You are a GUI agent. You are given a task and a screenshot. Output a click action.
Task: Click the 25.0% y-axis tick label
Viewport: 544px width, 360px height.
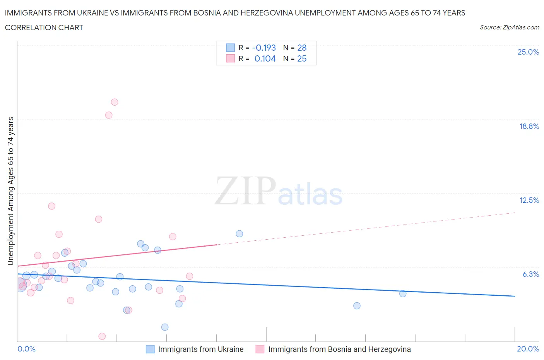tap(528, 52)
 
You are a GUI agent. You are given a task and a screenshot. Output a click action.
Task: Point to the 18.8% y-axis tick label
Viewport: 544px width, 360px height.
tap(529, 126)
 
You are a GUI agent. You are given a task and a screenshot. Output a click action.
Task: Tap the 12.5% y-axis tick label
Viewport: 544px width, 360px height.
tap(529, 200)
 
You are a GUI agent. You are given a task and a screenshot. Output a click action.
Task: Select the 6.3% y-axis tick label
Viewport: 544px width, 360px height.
tap(530, 274)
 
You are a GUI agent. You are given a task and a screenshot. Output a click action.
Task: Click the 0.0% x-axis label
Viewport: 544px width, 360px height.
tap(26, 349)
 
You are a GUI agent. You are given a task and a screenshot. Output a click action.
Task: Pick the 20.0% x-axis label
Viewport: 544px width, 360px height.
tap(528, 349)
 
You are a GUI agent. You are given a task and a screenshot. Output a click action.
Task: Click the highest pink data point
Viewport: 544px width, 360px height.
tap(115, 102)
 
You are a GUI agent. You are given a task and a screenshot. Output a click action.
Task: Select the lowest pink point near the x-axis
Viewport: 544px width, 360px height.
tap(102, 336)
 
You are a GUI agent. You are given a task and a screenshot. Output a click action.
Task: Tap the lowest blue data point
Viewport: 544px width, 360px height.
tap(165, 327)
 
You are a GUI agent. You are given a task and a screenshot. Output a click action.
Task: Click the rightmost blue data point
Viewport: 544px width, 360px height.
tap(403, 294)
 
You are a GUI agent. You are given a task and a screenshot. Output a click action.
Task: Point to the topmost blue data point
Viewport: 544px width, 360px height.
tap(239, 234)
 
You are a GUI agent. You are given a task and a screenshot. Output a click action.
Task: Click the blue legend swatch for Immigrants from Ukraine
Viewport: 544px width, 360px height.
tap(150, 349)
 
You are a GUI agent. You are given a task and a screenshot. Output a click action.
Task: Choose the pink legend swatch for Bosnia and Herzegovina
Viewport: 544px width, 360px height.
tap(260, 349)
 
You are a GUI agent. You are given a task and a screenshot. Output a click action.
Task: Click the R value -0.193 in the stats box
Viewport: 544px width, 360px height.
tap(264, 48)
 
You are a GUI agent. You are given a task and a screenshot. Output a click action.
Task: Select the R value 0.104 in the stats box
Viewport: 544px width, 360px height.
tap(265, 58)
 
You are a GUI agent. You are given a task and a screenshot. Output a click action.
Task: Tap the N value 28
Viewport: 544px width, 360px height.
tap(302, 48)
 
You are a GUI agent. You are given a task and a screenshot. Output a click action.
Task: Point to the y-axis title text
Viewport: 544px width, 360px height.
tap(10, 191)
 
